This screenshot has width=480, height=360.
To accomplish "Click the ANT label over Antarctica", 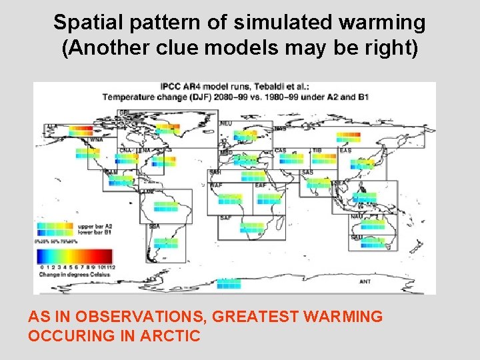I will (x=365, y=282).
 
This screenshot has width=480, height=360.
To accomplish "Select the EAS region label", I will (x=345, y=151).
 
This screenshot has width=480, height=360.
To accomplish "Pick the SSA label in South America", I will (x=155, y=227).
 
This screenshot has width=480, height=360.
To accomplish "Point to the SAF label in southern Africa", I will (x=226, y=218).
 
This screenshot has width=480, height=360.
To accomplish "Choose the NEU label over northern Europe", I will (x=226, y=123).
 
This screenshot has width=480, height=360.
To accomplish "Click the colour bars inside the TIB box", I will (x=324, y=159).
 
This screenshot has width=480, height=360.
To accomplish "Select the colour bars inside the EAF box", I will (x=268, y=198).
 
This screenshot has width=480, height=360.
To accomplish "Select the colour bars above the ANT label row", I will (x=229, y=283).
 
